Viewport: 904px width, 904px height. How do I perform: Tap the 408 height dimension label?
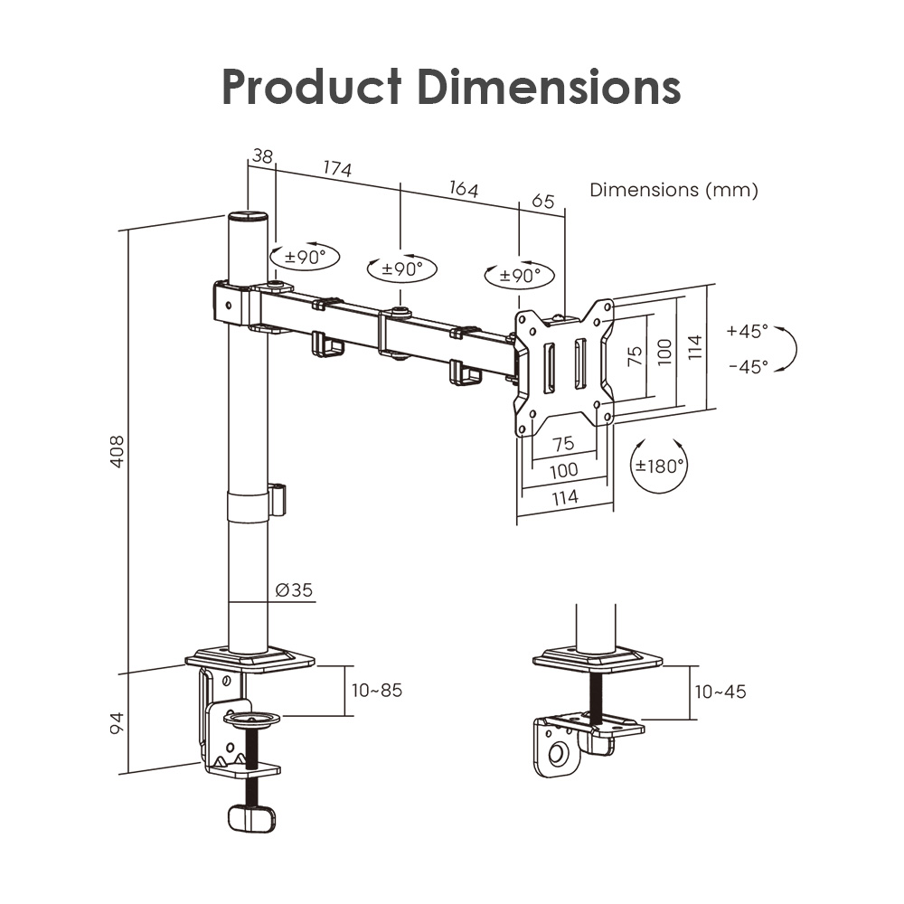click(x=117, y=451)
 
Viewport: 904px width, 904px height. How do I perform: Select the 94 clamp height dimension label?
click(x=117, y=723)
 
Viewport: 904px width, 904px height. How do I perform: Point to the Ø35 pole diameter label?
click(x=294, y=589)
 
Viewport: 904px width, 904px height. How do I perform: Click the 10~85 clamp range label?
click(x=377, y=690)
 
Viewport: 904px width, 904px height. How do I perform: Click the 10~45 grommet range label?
click(x=720, y=692)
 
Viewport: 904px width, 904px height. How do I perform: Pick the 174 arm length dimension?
click(x=337, y=168)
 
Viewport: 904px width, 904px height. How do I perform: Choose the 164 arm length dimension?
click(x=464, y=189)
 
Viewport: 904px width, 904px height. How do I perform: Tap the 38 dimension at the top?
click(x=262, y=155)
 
